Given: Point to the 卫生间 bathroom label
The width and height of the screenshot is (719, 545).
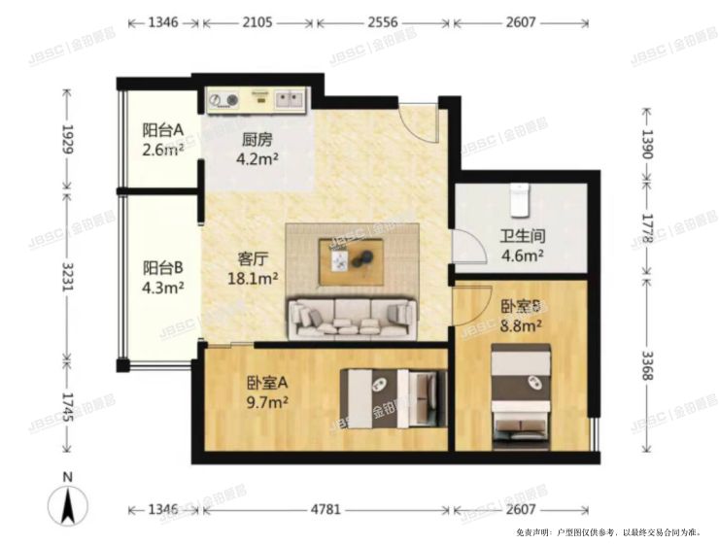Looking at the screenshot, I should (x=522, y=236).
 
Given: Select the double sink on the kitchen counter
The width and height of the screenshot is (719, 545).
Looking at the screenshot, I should (x=287, y=97).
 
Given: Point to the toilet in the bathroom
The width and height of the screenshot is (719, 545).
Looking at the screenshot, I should (x=519, y=200).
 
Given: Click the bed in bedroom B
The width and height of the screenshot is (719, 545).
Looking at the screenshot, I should (x=521, y=398).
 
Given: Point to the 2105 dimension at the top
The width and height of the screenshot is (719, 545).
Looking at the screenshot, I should (x=257, y=21).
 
